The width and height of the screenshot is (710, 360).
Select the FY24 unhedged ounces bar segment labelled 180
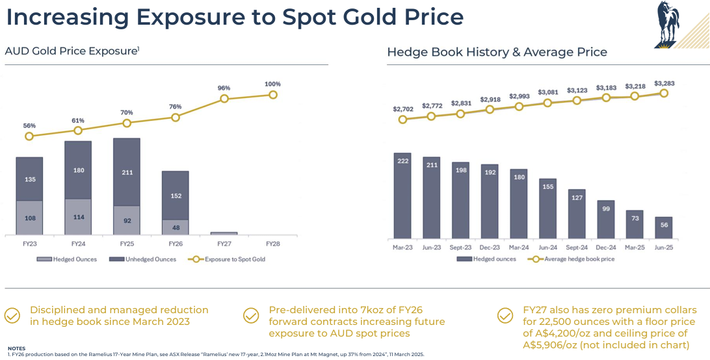tap(78, 170)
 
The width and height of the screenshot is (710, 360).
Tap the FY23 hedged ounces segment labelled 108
tap(29, 218)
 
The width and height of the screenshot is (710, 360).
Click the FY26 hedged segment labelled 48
tap(175, 227)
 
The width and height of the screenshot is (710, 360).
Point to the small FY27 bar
tap(224, 233)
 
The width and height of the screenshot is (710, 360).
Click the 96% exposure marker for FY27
tap(224, 99)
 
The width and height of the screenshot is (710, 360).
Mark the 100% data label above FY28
tap(272, 84)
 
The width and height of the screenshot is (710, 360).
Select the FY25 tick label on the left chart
tap(127, 244)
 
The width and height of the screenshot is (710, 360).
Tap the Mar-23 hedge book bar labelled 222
tap(403, 195)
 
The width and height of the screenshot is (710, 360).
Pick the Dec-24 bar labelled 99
tap(605, 219)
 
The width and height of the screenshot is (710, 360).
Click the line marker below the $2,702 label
tap(402, 120)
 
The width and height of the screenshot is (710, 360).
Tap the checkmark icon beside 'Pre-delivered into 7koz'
tap(251, 316)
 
